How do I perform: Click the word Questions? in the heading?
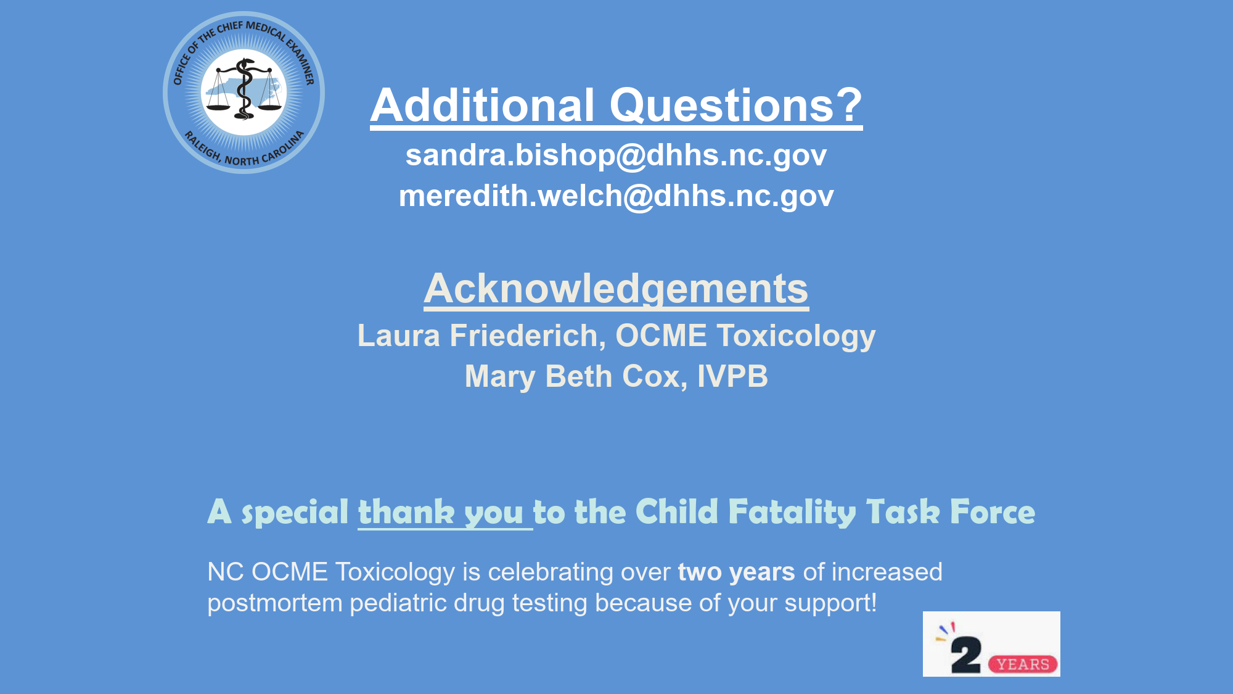[736, 105]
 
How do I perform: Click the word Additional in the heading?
[483, 105]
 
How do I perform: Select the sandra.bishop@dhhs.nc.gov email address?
[616, 155]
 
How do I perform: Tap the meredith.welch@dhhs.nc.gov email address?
[616, 196]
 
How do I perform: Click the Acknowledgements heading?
[616, 289]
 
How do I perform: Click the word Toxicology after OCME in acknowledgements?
[796, 337]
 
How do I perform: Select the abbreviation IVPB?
[732, 376]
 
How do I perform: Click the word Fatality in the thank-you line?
[792, 512]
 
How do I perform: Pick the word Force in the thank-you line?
[993, 511]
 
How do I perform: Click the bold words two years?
[736, 572]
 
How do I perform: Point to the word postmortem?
[274, 603]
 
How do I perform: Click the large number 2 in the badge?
[965, 655]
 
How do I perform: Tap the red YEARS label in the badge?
[1023, 664]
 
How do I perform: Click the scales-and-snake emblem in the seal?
[244, 89]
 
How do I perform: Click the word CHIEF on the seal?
[230, 29]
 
